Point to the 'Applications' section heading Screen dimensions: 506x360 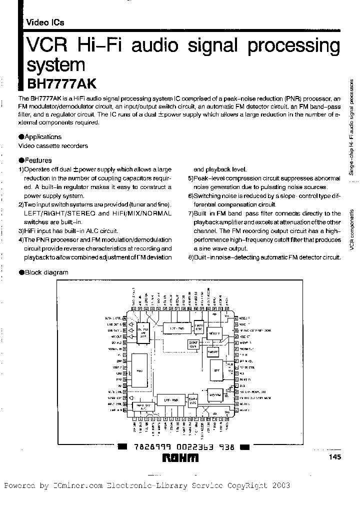click(42, 136)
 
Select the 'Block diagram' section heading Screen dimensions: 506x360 click(46, 272)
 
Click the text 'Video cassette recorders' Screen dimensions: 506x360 click(53, 146)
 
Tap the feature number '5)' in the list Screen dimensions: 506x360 click(190, 178)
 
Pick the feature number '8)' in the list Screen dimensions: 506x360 click(190, 257)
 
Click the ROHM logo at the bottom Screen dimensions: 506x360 click(180, 458)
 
